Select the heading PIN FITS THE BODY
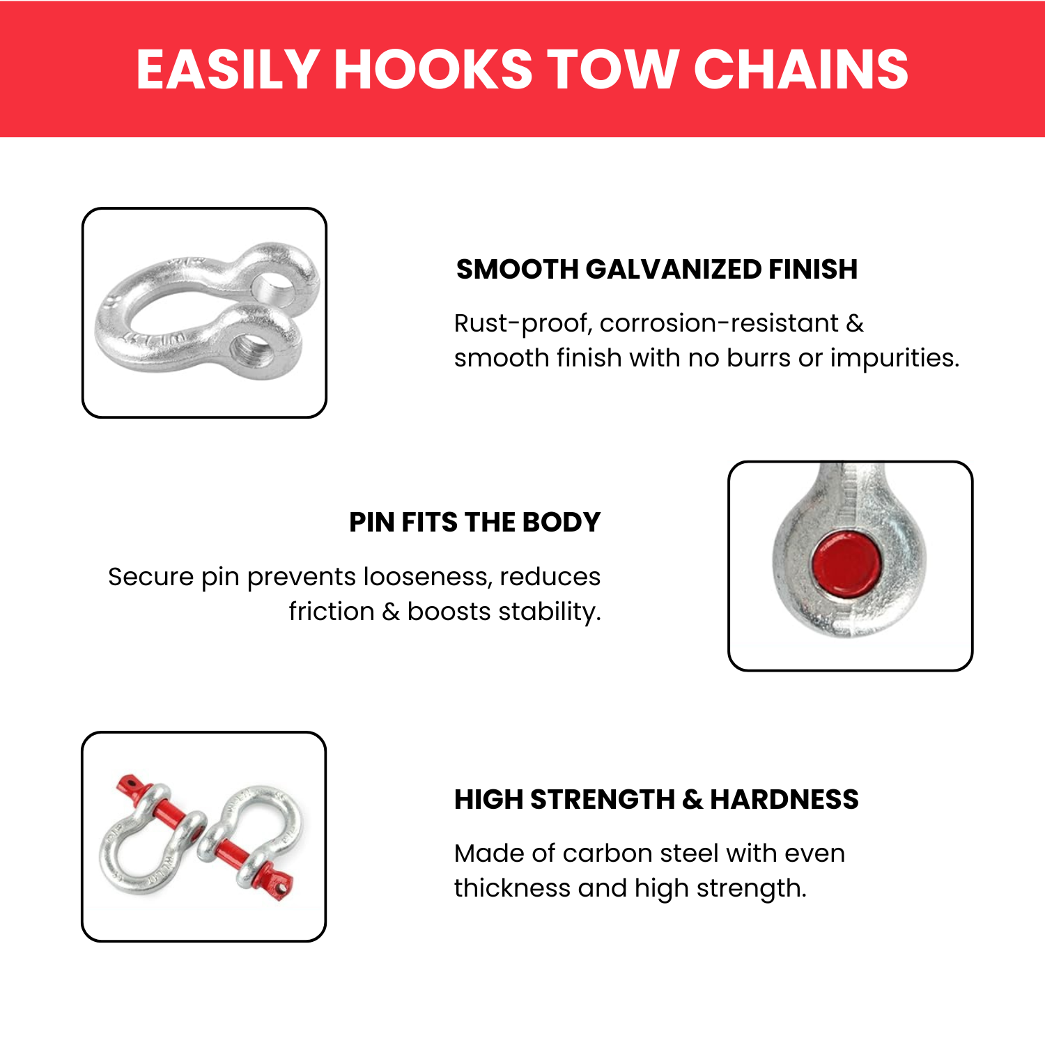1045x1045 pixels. (x=474, y=522)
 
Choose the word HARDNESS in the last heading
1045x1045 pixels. (x=784, y=800)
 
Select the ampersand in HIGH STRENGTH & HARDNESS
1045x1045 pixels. (x=692, y=800)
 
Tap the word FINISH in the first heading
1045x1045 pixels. (x=813, y=270)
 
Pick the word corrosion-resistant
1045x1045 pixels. (x=719, y=324)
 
